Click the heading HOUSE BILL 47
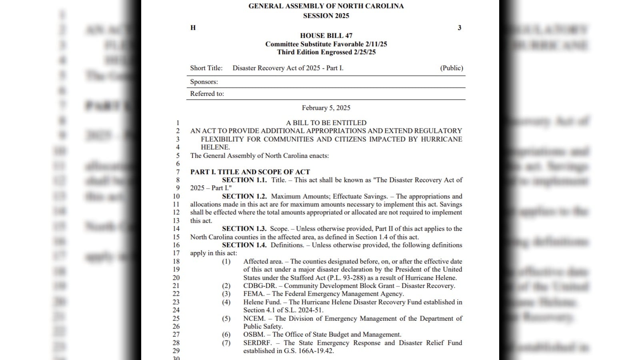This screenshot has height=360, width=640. [x=326, y=36]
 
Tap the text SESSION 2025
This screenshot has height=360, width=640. [x=326, y=16]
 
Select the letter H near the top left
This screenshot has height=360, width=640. [x=193, y=28]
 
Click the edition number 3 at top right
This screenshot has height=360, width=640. [x=459, y=28]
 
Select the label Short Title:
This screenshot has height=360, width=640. [x=206, y=68]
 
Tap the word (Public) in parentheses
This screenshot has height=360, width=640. [x=452, y=68]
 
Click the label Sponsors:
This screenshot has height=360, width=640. [x=204, y=82]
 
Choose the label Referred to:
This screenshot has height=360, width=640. [x=207, y=94]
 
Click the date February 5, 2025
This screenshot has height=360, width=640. [x=326, y=108]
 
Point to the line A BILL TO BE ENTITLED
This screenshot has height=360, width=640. [x=326, y=123]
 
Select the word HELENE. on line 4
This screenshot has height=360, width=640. [x=215, y=147]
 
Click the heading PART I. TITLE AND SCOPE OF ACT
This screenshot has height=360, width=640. [x=250, y=172]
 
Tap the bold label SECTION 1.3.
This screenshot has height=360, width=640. [x=244, y=229]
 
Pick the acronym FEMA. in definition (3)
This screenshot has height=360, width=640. [x=254, y=294]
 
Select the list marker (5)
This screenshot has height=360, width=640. [x=226, y=319]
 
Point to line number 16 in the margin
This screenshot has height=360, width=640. [x=176, y=245]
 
